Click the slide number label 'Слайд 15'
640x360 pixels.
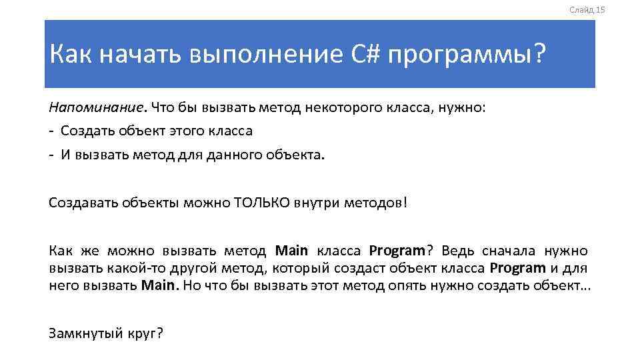click(587, 10)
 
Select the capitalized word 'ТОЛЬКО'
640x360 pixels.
click(264, 203)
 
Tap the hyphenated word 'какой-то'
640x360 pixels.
click(131, 268)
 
